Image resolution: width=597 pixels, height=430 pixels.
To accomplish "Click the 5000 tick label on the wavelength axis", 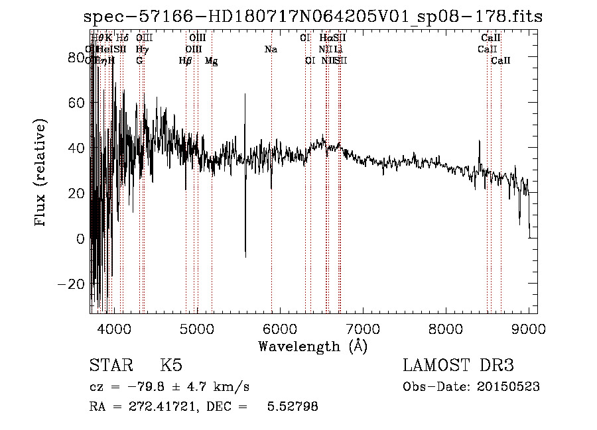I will click(197, 329).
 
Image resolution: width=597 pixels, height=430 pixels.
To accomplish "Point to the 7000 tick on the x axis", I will click(363, 329).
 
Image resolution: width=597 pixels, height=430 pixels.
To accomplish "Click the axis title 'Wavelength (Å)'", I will click(312, 346).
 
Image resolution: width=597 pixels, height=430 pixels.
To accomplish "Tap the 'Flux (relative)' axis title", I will click(42, 174).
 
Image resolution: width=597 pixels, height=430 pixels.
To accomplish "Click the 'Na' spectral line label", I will click(271, 49).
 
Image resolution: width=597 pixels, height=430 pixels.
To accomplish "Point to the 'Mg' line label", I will click(211, 61).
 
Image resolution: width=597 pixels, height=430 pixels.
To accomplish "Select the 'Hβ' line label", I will click(186, 61).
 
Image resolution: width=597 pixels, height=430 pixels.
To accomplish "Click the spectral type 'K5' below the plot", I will click(171, 366).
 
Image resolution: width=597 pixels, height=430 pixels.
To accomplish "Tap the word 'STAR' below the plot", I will click(110, 366).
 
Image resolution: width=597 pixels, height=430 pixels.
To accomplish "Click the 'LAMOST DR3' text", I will click(458, 366).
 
